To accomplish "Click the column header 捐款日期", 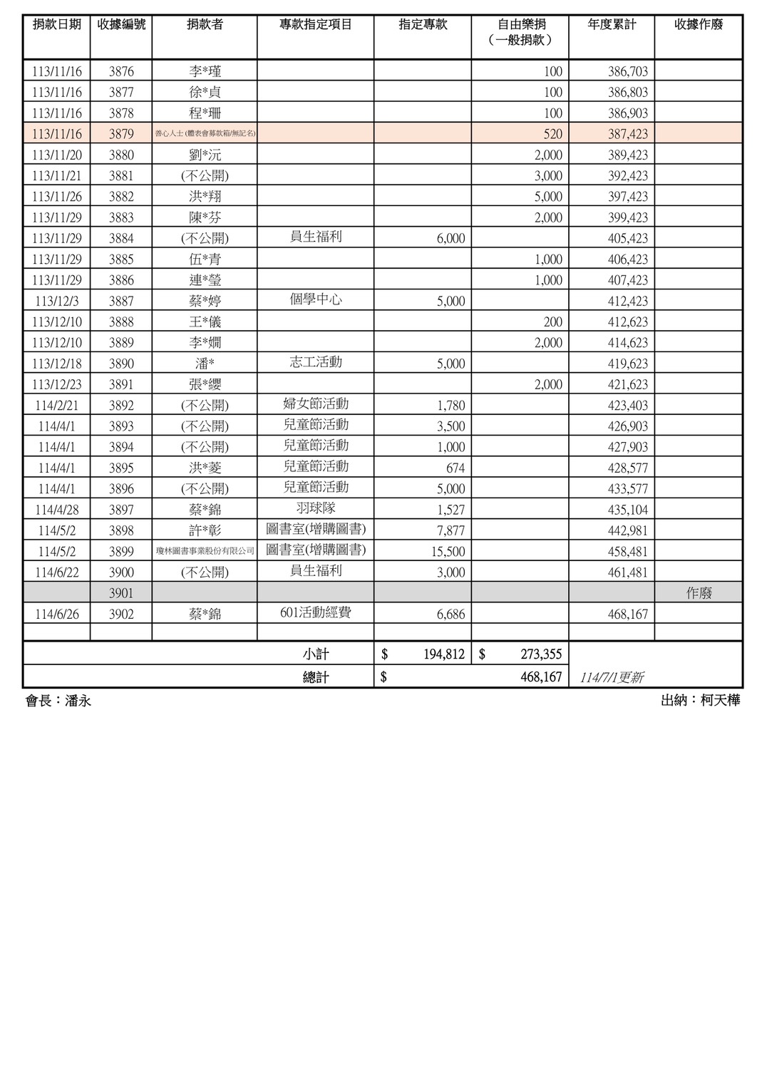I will [57, 25].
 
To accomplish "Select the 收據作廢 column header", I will [699, 25].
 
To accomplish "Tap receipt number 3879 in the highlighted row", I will [121, 134].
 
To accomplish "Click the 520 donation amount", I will [552, 134].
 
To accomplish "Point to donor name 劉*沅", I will [205, 155].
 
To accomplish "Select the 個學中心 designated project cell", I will [316, 299].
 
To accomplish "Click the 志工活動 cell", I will [316, 362].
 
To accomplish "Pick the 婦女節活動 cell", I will [316, 404].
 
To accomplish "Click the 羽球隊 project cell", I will [316, 508].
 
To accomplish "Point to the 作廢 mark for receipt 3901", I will [699, 593].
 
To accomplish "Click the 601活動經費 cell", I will [316, 612].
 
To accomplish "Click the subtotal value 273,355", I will [541, 654].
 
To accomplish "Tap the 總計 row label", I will [316, 677].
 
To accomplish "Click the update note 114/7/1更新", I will [612, 678].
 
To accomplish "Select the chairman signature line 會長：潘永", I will [58, 701].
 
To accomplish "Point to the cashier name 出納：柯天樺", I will [700, 701].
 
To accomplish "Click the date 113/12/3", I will [57, 301].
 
